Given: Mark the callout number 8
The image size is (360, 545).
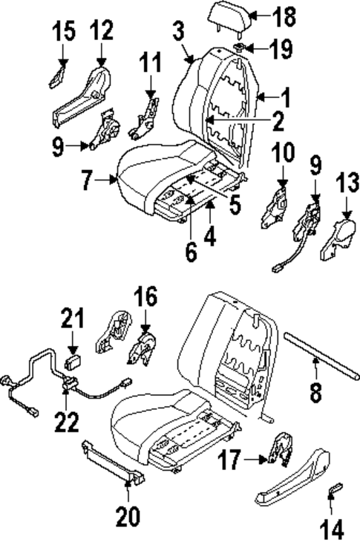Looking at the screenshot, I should (316, 391).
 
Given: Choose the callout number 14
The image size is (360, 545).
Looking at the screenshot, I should (333, 529).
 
